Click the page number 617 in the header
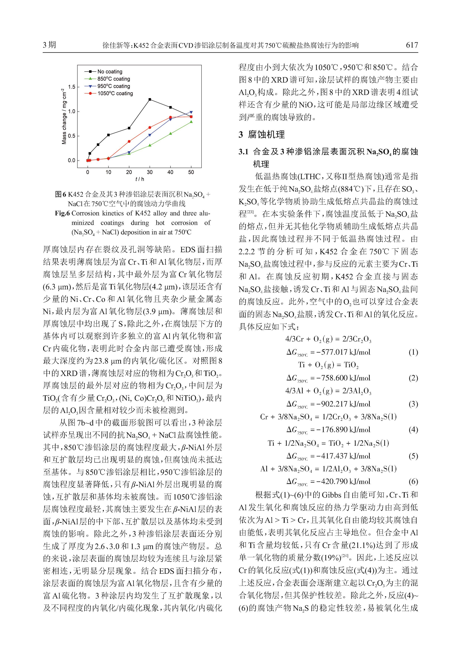point(412,45)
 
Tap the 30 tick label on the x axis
point(150,172)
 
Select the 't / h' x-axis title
point(139,179)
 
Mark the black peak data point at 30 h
point(150,99)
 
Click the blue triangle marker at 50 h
point(191,112)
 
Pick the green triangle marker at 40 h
point(170,133)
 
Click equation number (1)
point(413,352)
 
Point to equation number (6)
point(413,482)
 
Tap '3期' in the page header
point(49,45)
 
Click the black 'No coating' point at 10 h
point(109,135)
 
